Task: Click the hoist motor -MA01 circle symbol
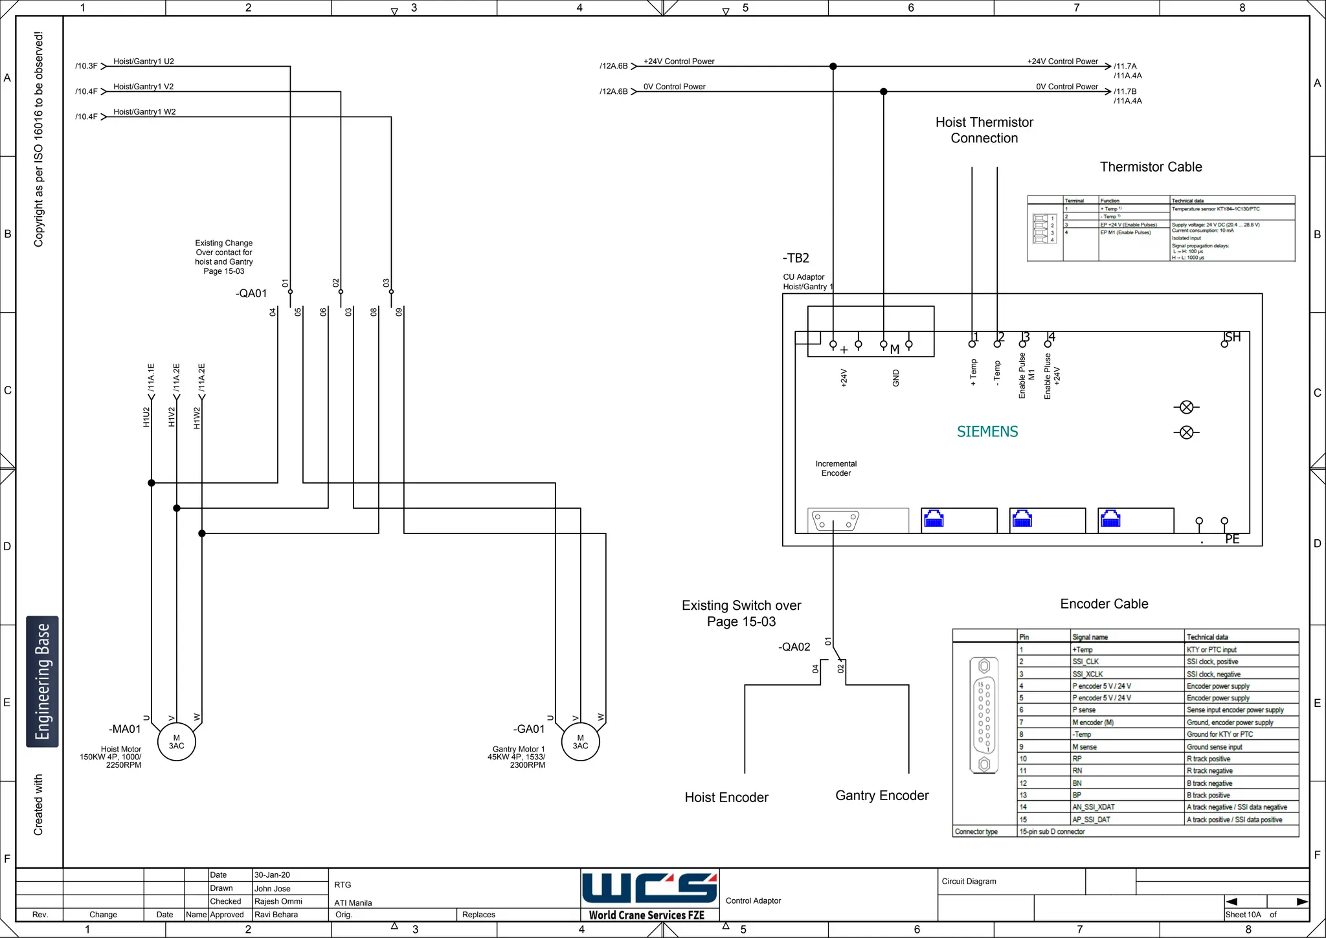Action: [x=176, y=742]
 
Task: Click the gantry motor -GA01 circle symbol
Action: [x=580, y=742]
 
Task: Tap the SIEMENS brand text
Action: [x=987, y=432]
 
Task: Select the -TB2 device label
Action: [x=796, y=258]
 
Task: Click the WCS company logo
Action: [x=649, y=888]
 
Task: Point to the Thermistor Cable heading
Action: [x=1151, y=167]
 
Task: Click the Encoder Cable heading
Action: [x=1104, y=604]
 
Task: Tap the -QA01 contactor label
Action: [x=251, y=293]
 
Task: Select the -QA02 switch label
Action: [x=794, y=647]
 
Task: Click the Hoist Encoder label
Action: [x=726, y=798]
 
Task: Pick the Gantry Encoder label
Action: [x=882, y=796]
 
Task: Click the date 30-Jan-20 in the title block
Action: [x=272, y=875]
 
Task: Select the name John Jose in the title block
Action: [x=273, y=889]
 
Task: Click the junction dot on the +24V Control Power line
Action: [x=833, y=66]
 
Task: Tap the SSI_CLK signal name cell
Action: [x=1086, y=662]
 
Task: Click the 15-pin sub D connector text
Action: [x=1052, y=832]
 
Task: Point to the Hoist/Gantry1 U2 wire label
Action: [x=144, y=61]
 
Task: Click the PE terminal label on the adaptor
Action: [x=1232, y=539]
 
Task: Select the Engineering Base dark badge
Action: [x=42, y=682]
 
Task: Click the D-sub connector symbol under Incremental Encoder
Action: [x=836, y=520]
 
